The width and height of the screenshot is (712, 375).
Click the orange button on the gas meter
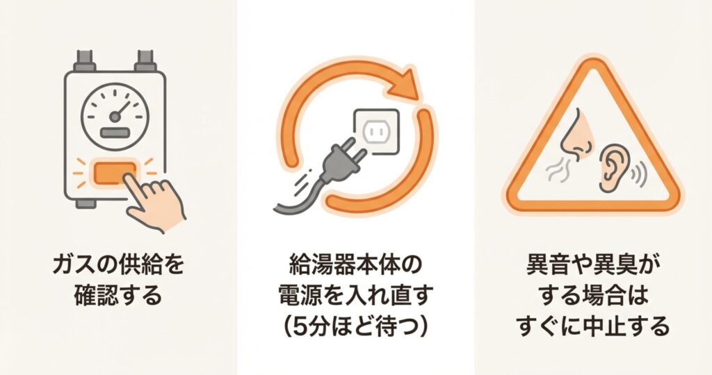(x=115, y=173)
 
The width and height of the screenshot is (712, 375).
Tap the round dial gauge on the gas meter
(x=115, y=117)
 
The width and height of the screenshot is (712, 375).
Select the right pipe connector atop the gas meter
(x=145, y=61)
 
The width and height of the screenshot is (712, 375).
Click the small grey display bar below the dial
(x=115, y=133)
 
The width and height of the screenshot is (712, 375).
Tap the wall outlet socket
(x=376, y=131)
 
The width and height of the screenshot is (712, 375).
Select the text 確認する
(x=118, y=296)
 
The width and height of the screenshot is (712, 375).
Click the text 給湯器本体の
(x=355, y=265)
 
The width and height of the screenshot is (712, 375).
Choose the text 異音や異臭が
(x=594, y=265)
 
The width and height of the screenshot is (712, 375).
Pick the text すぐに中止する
(x=594, y=326)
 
